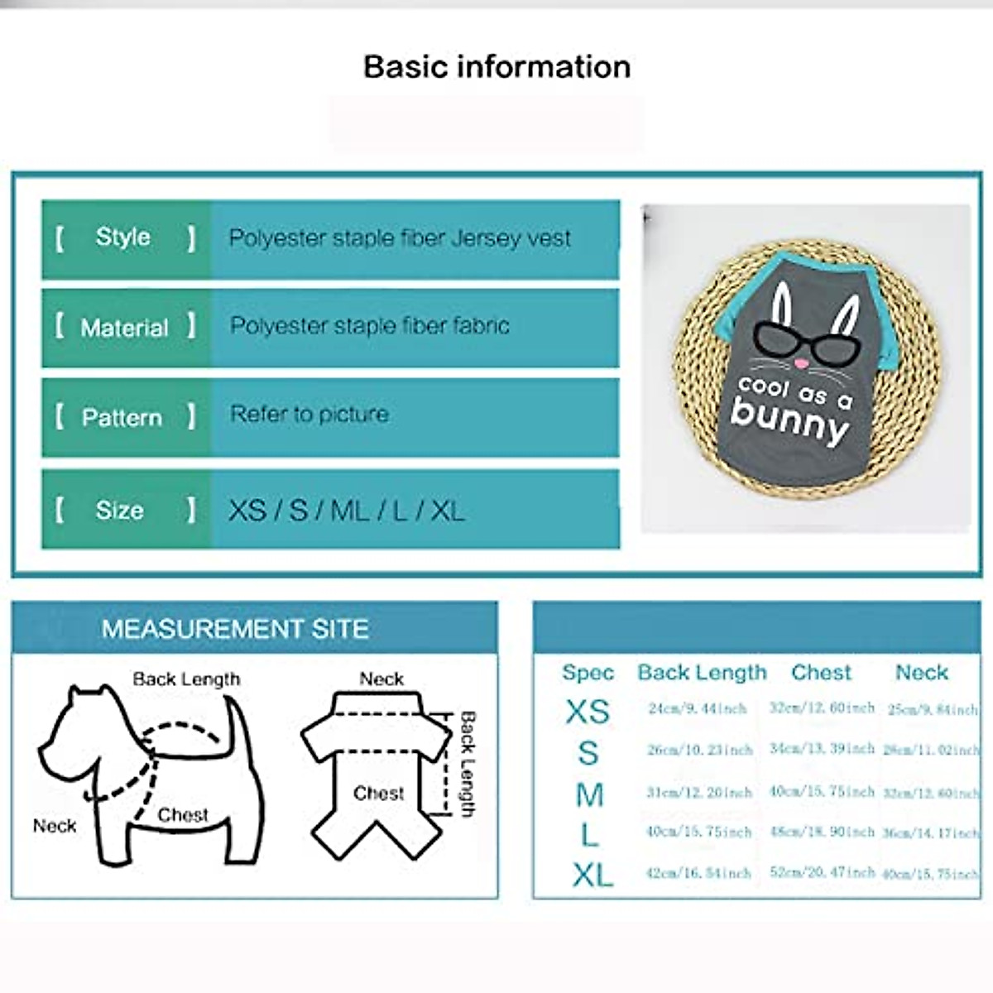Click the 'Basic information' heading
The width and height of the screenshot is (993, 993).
pos(496,67)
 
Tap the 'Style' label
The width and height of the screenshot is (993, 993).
pos(123,237)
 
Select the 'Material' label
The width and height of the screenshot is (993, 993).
pos(124,328)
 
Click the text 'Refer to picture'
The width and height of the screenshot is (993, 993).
pos(309,414)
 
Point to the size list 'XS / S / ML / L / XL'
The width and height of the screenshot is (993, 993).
pos(346,511)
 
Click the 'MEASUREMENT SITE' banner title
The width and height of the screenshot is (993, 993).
pos(235,629)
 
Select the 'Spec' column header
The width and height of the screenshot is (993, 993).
pos(588,673)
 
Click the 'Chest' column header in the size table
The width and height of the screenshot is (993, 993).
pos(821,673)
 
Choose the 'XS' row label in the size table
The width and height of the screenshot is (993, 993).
pos(588,712)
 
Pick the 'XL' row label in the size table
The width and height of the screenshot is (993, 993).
pos(592,875)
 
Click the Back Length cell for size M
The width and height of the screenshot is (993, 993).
pos(699,793)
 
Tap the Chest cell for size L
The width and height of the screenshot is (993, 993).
pos(822,832)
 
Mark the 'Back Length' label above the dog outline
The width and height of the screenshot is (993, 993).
pos(186,679)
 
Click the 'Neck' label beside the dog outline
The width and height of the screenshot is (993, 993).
pos(55,826)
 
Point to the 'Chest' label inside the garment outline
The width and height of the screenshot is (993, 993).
pos(379,794)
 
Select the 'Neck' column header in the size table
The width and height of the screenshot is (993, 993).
pos(921,673)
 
